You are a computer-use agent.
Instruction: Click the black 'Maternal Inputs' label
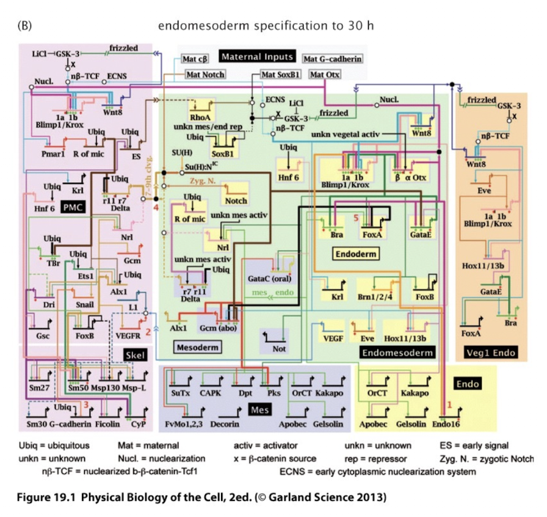pyautogui.click(x=257, y=57)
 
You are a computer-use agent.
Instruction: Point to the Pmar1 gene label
pyautogui.click(x=53, y=154)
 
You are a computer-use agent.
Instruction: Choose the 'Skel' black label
pyautogui.click(x=134, y=354)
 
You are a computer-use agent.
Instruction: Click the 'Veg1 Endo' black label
pyautogui.click(x=490, y=352)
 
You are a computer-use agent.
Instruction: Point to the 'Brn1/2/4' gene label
pyautogui.click(x=374, y=298)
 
